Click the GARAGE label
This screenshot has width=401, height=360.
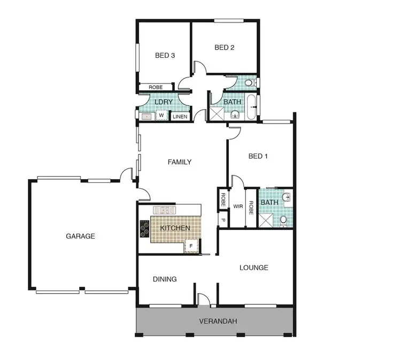point(81,236)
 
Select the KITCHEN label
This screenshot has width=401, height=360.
point(175,228)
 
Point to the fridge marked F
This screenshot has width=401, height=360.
point(191,246)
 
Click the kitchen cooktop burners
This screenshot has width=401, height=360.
point(145,228)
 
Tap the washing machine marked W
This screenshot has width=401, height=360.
point(161,115)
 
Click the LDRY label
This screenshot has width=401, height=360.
point(163,102)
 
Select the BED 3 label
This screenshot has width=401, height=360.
point(165,55)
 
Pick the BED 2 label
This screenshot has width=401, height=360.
point(225,47)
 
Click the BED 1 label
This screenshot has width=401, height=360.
point(258,156)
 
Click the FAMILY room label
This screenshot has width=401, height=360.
point(180,162)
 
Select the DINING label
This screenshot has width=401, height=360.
point(165,279)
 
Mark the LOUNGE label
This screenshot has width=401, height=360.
point(253,267)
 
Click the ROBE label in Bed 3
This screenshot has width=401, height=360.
point(156,87)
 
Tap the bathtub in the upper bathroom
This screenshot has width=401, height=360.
point(252,108)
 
